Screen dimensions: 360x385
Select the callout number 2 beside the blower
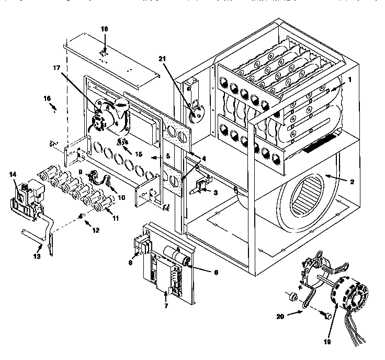pos(352,182)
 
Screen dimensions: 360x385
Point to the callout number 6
pos(201,272)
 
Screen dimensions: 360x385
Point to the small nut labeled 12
pos(81,216)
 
